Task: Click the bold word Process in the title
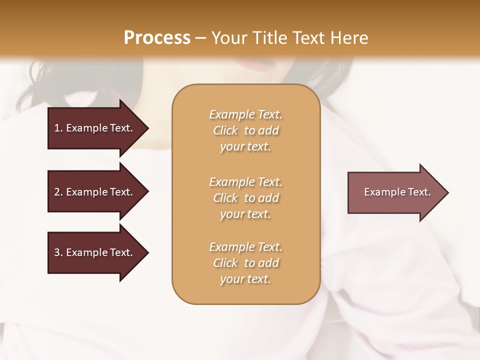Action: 157,37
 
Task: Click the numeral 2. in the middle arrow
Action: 58,192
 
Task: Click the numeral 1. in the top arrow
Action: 58,128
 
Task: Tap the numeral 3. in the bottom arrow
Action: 58,252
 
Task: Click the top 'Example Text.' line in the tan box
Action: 245,114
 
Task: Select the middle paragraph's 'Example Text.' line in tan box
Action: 245,181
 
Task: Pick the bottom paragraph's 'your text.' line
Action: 245,279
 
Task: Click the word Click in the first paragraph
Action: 225,130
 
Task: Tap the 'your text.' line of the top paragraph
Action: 245,147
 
